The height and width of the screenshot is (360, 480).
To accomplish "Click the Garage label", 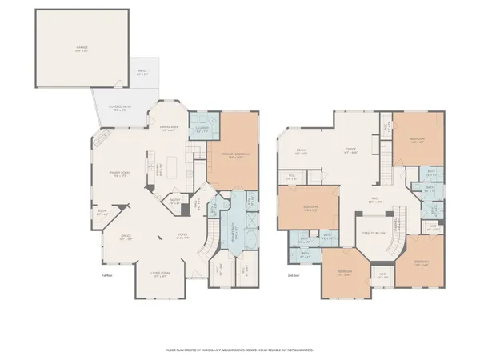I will pyautogui.click(x=82, y=49).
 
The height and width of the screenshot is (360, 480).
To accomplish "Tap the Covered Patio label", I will pyautogui.click(x=119, y=110).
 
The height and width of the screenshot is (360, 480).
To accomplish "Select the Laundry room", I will pyautogui.click(x=201, y=130).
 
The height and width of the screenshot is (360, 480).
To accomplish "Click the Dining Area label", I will pyautogui.click(x=168, y=129).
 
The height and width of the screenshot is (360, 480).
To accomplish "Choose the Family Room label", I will pyautogui.click(x=120, y=175).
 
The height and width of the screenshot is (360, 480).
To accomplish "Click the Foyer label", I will pyautogui.click(x=182, y=236).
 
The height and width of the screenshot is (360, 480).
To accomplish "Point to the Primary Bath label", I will pyautogui.click(x=233, y=226).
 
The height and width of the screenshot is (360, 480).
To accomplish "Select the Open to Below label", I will pyautogui.click(x=374, y=233).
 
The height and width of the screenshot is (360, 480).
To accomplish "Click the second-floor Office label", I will pyautogui.click(x=350, y=150).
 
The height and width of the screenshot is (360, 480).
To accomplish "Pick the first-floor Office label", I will pyautogui.click(x=126, y=238).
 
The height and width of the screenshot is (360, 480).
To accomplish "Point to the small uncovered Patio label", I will pyautogui.click(x=142, y=74).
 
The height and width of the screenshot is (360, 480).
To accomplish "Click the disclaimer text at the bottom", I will pyautogui.click(x=240, y=350).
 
